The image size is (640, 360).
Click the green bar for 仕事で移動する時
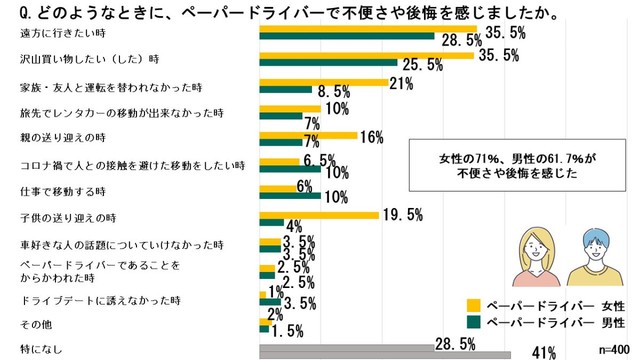[290, 194]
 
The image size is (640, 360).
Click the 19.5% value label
[402, 214]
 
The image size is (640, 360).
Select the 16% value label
[372, 136]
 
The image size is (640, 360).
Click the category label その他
[35, 326]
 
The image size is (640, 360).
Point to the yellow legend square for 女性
[475, 305]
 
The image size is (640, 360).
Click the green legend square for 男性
[475, 322]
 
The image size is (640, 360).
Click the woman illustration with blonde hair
[535, 255]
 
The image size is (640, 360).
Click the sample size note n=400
[615, 349]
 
